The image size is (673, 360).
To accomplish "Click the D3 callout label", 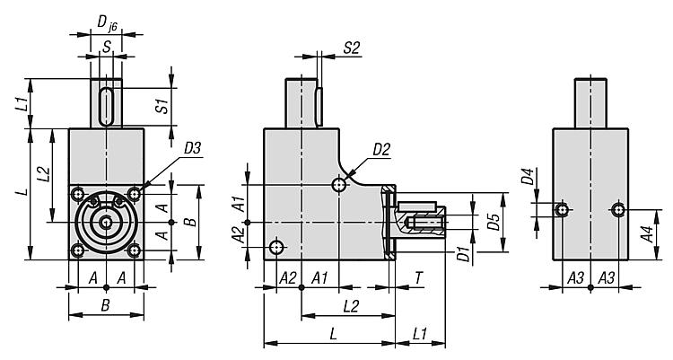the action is point(192,149).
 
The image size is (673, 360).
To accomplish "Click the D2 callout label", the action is point(381,150).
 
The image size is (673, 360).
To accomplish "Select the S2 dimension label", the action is point(351,48).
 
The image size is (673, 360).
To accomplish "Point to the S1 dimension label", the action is point(162,106).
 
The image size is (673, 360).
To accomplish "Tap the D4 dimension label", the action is point(528,177).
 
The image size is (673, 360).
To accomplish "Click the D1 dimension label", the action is point(463,254).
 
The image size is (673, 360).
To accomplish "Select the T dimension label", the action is point(418,278).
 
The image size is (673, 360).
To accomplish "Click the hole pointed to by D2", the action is point(339,185).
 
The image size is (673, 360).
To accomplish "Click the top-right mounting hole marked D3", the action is point(135,194).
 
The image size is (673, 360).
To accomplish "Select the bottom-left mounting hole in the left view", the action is point(78,250).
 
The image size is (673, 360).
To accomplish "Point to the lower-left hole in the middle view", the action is point(276,247).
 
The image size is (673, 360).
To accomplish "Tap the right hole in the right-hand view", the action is point(618,210).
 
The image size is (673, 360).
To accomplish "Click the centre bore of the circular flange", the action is point(106,222).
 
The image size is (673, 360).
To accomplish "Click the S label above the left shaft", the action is point(106,47).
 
